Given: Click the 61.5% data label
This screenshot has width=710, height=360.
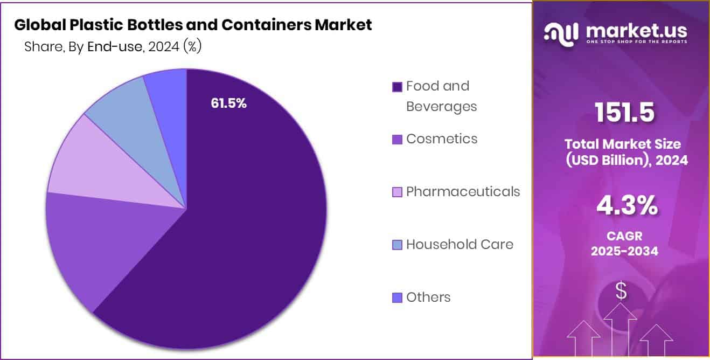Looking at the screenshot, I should pos(229,103).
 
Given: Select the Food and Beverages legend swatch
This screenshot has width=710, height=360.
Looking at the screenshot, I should pos(398,87).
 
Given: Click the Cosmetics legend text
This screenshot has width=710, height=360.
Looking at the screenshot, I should pos(442,139).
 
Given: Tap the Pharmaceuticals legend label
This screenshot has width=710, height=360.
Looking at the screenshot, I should pos(463,191).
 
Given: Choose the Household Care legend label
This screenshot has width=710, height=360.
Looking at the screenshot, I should pos(460,244).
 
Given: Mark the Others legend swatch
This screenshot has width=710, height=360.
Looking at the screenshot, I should pos(398,297).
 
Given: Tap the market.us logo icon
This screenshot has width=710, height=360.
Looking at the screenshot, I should pos(561,33).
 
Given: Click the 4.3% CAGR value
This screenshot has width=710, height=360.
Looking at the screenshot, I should pos(627,206).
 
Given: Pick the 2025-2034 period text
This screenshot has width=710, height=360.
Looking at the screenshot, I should pos(624,251).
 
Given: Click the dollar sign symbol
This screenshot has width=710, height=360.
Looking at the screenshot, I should pos(621,292).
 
